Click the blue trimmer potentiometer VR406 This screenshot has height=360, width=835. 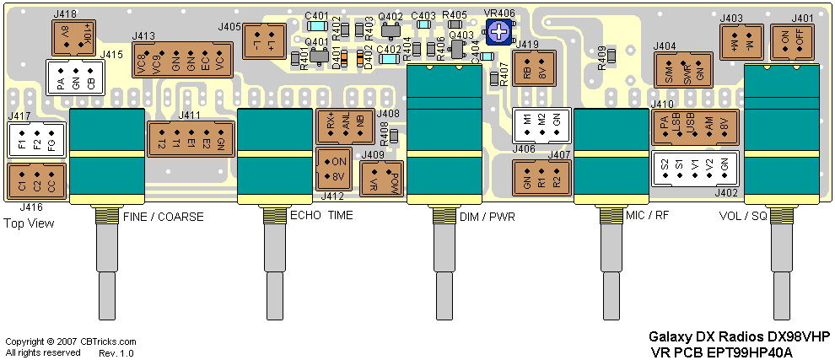click(501, 33)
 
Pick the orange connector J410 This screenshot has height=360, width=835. click(694, 130)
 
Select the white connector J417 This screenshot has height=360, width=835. click(36, 138)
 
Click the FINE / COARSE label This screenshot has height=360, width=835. click(163, 217)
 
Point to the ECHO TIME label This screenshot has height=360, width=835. click(321, 216)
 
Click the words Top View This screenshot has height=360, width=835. click(29, 223)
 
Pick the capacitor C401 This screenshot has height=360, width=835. click(316, 25)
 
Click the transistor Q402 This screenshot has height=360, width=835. click(390, 30)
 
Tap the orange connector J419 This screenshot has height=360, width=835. click(535, 69)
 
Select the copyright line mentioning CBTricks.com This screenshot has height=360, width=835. click(71, 341)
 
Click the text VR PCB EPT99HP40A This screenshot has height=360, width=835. click(722, 352)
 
